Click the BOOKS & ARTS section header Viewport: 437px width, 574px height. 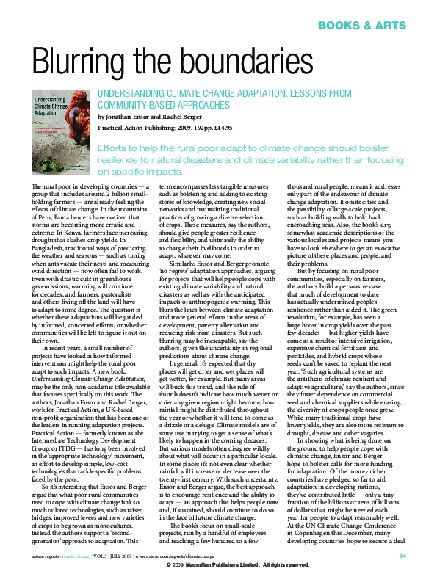pyautogui.click(x=362, y=26)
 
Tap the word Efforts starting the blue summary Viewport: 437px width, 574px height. pyautogui.click(x=114, y=148)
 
